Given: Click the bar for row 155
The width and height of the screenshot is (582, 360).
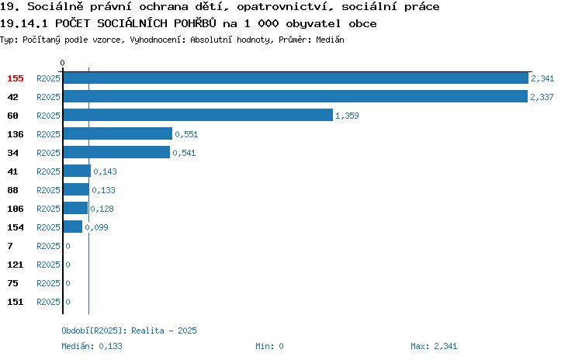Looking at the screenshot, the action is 296,78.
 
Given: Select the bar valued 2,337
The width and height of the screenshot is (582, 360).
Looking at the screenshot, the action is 296,96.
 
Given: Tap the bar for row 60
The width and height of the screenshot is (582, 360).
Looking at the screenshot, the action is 198,115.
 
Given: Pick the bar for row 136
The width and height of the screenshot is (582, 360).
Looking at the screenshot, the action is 118,133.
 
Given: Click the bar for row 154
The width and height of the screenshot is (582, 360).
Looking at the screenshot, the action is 73,227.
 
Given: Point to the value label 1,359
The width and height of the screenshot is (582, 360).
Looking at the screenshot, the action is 347,116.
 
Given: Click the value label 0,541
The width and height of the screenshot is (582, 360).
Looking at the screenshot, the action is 184,153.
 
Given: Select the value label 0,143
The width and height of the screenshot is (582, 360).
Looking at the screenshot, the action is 105,171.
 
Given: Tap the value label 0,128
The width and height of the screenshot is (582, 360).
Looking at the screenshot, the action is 102,209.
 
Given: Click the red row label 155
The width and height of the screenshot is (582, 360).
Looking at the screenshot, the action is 16,78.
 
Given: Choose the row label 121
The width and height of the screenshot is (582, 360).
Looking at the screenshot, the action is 16,265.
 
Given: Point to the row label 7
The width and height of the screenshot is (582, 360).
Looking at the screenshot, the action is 10,246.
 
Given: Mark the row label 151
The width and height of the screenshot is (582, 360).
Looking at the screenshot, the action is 16,302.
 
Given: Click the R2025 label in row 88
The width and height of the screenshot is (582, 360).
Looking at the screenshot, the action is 48,190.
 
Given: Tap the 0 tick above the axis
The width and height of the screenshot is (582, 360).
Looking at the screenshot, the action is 62,63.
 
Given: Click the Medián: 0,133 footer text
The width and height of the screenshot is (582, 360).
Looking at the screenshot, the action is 92,346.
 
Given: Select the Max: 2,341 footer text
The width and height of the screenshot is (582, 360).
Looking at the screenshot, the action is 434,346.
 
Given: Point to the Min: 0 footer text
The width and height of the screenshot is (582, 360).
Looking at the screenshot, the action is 269,346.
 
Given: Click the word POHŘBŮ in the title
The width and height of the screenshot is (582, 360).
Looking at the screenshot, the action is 195,23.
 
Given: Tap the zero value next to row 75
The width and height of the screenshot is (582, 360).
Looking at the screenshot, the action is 68,283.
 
